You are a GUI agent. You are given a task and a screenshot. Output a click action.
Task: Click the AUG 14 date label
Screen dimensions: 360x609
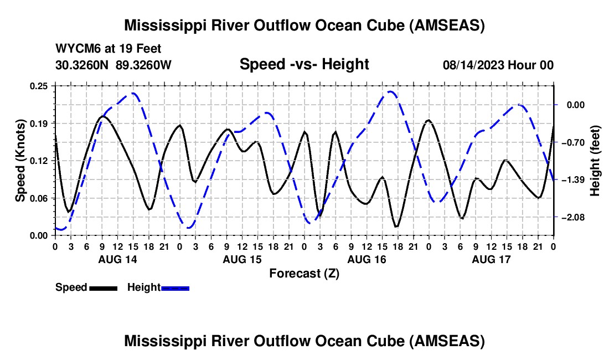coord(117,259)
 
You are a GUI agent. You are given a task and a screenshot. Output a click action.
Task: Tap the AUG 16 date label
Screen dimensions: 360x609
coord(367,259)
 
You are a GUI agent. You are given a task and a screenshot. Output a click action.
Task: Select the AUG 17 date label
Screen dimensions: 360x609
coord(491,259)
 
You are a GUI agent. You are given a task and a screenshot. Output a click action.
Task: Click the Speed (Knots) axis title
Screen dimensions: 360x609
coord(20,161)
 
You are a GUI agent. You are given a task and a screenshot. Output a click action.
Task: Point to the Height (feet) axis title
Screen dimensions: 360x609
coord(595,161)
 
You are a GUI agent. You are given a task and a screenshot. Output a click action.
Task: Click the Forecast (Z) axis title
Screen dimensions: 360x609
coord(304,273)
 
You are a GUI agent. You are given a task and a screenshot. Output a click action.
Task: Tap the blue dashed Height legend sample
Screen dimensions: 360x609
coord(176,288)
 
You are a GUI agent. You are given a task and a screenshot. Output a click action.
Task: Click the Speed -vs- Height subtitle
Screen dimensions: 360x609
coord(304,64)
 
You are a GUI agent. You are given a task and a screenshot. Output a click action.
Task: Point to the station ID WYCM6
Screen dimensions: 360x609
coord(75,49)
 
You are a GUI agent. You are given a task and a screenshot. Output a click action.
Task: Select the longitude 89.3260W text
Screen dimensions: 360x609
coord(144,65)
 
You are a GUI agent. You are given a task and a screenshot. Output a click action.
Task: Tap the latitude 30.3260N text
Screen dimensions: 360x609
coord(83,65)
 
